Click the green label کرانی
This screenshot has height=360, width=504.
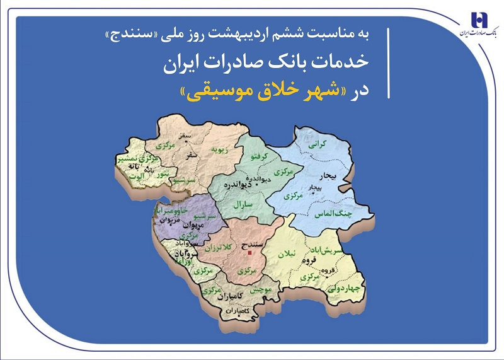316,144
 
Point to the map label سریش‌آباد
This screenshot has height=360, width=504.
331,250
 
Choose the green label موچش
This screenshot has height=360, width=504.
260,290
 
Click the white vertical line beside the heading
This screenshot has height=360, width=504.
389,63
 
